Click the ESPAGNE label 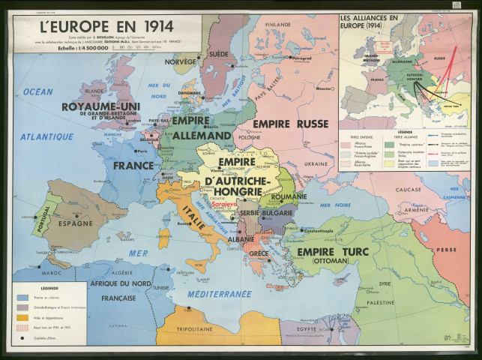[x=76, y=223]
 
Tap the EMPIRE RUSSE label [x=291, y=124]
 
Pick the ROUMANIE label [x=268, y=196]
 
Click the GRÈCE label [x=259, y=253]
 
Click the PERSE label [x=447, y=247]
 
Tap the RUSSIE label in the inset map [x=440, y=55]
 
